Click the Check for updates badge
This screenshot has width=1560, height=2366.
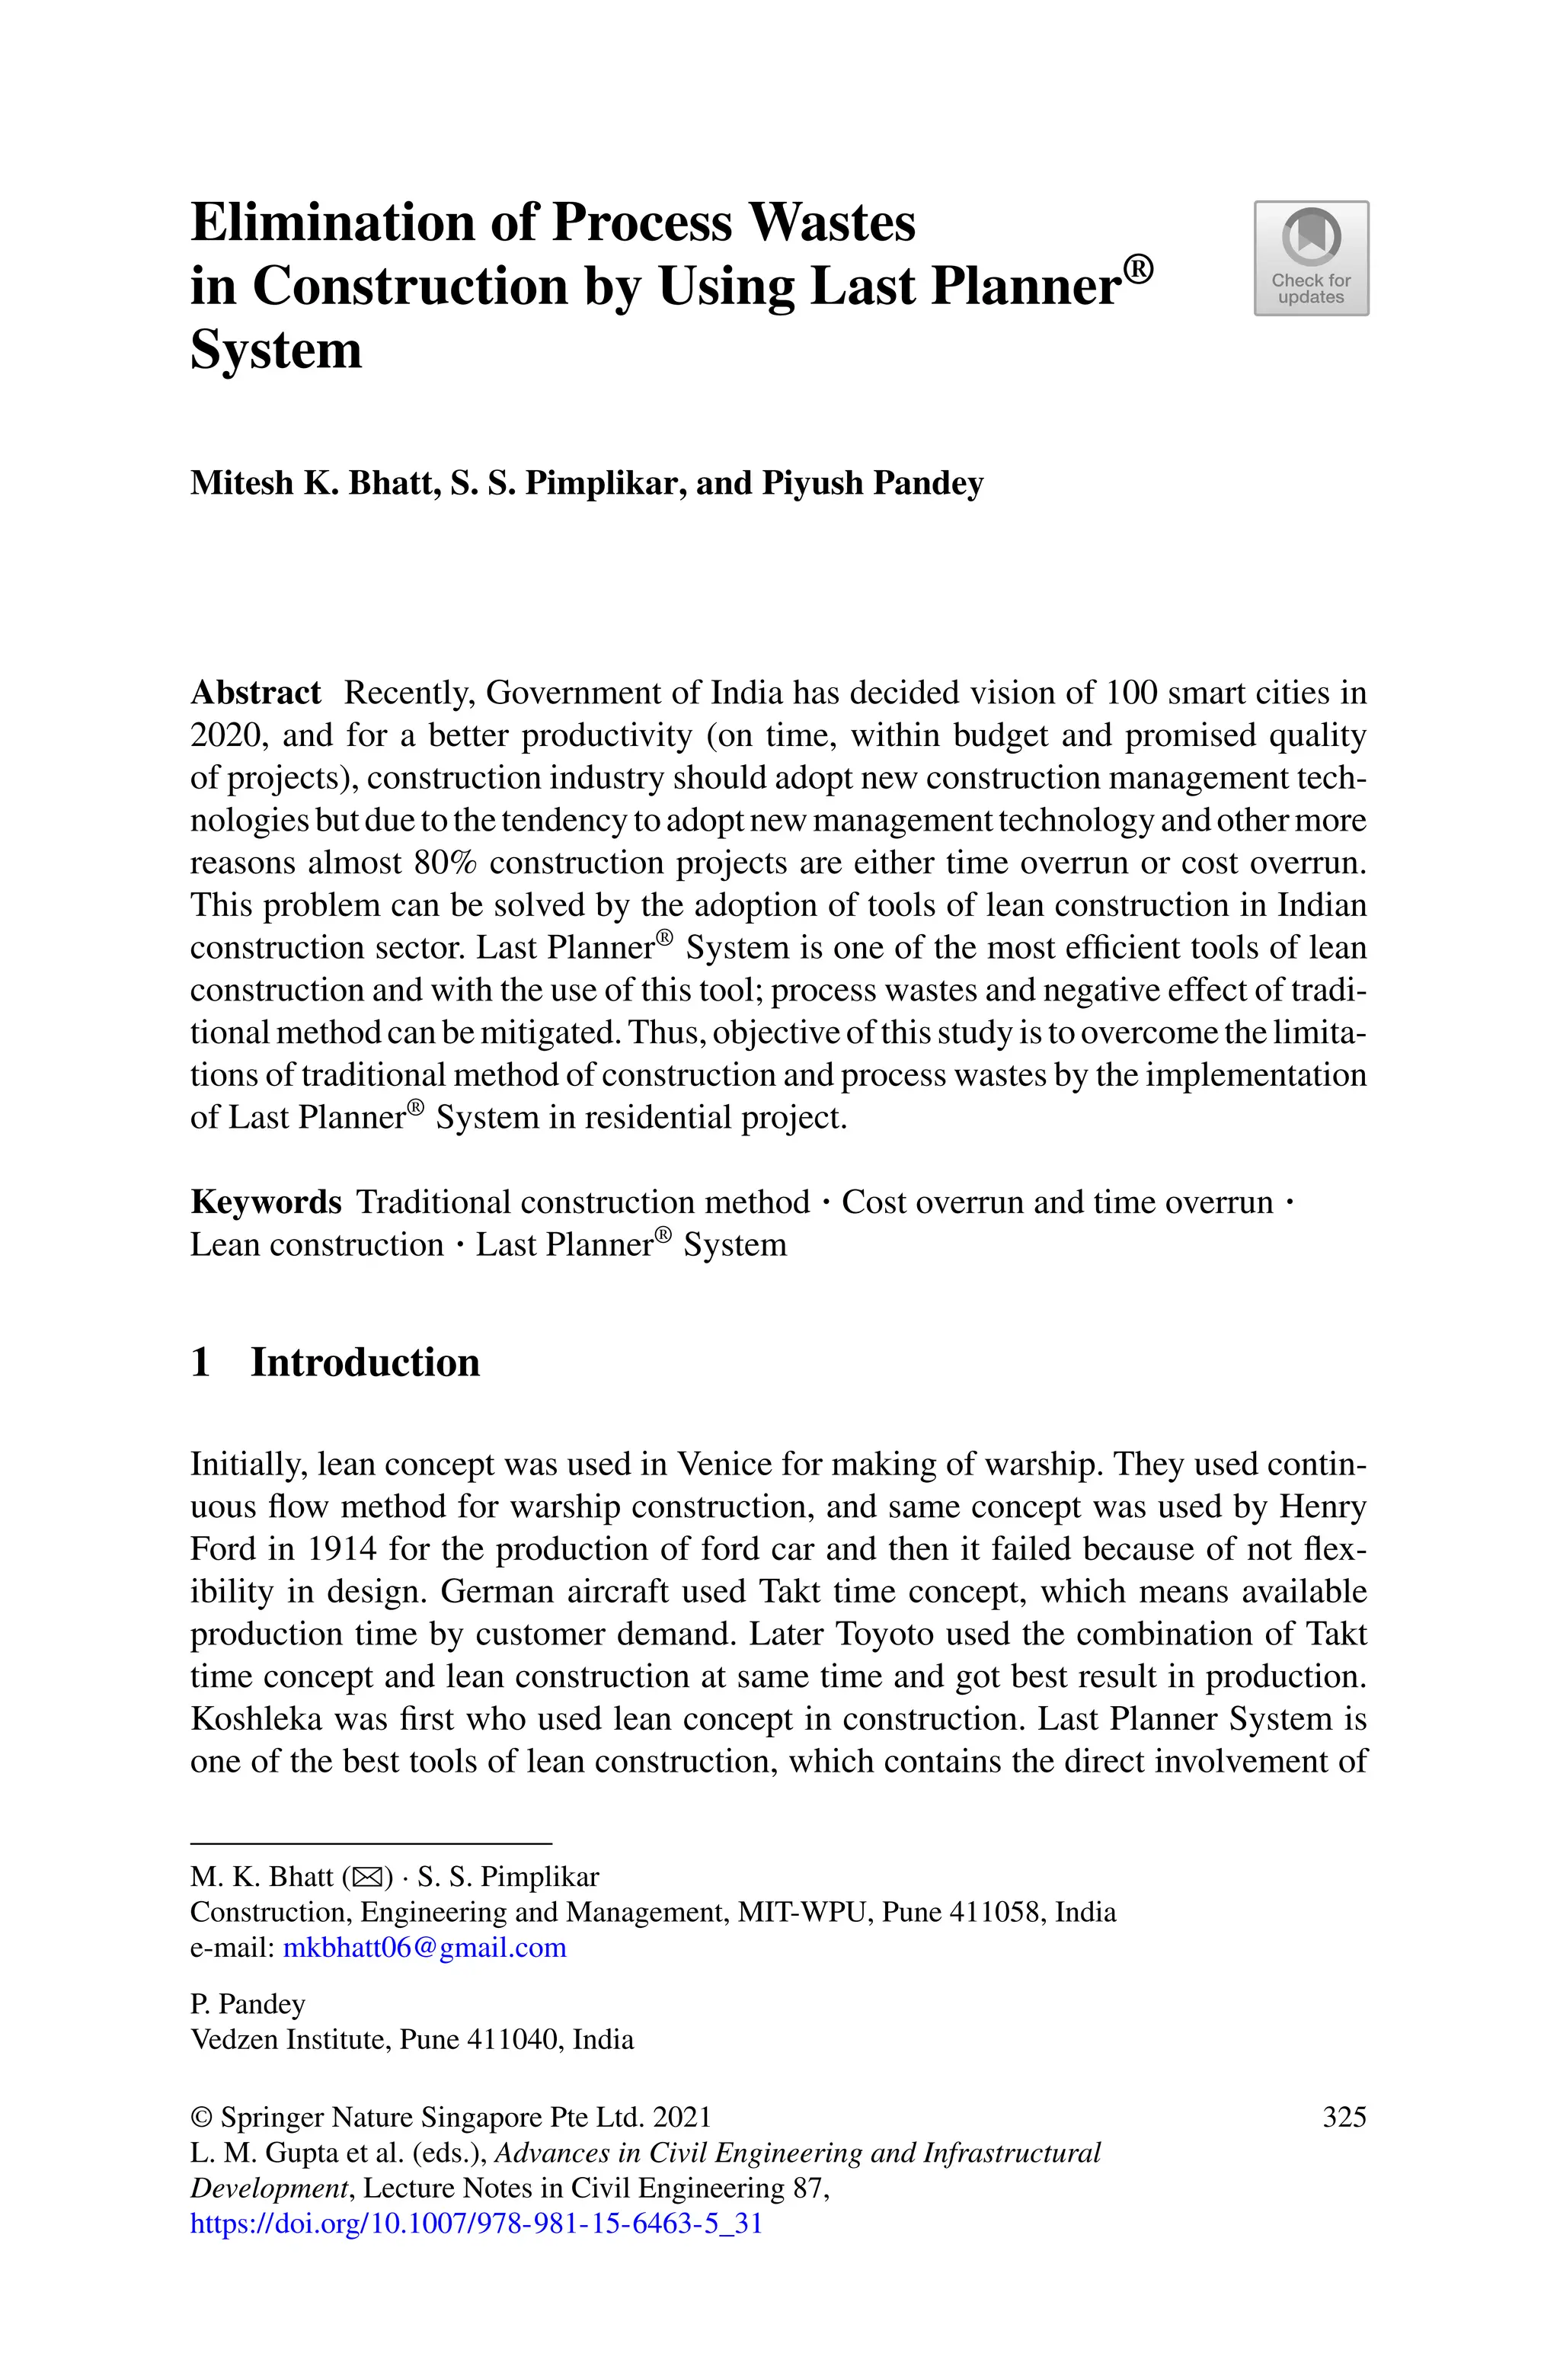point(1310,258)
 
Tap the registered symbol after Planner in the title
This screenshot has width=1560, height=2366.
point(1137,269)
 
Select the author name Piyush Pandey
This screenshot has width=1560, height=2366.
point(871,484)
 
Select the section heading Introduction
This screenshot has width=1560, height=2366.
point(364,1362)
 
